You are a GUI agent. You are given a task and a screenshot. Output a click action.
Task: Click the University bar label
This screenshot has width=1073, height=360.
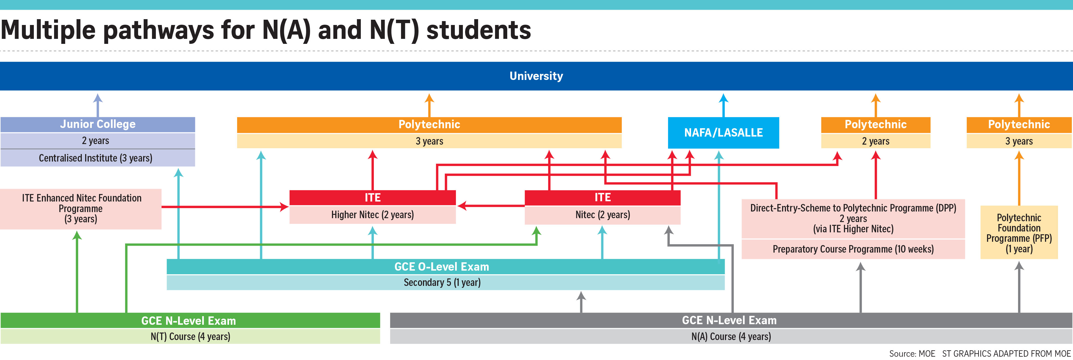pos(536,76)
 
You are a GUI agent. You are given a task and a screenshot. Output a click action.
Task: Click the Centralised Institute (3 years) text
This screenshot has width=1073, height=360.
pos(95,158)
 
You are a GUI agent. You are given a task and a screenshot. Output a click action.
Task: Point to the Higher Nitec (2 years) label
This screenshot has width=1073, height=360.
pos(372,215)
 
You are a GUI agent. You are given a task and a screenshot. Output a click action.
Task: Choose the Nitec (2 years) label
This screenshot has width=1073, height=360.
pos(602,215)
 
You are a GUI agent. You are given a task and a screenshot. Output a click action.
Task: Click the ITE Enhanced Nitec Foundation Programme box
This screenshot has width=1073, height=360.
pos(81,208)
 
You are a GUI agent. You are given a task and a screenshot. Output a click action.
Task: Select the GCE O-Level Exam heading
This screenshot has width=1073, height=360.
pos(442,267)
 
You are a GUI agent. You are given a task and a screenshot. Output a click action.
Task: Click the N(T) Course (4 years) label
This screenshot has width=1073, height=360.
pos(190,336)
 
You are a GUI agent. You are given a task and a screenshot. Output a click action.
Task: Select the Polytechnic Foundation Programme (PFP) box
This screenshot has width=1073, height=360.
pos(1019,233)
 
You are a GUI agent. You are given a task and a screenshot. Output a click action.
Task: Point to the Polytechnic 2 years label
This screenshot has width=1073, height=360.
pos(875,141)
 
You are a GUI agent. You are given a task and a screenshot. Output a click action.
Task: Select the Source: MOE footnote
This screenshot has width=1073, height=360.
pos(912,354)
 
